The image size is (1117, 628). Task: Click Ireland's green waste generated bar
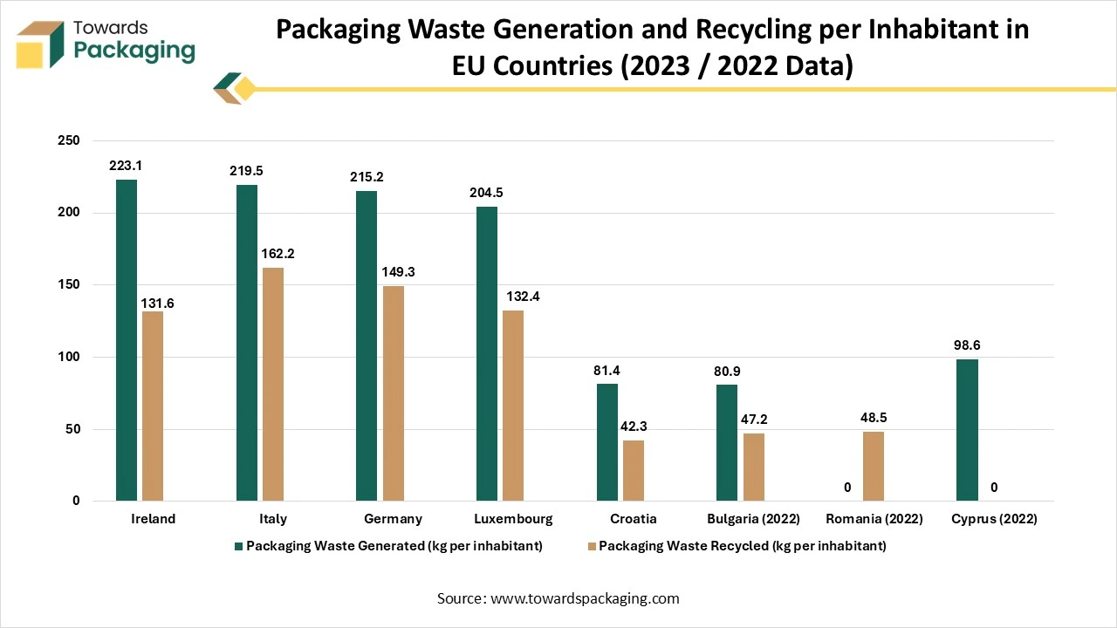coord(127,340)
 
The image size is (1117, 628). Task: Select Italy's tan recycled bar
coord(273,384)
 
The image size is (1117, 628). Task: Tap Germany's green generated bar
coord(367,345)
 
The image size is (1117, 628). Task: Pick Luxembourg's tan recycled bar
coord(513,406)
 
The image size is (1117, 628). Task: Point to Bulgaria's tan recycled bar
coord(754,467)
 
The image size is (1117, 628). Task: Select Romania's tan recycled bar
coord(874,466)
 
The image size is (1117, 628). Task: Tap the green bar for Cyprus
coord(968,430)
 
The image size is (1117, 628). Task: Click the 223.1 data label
coord(127,166)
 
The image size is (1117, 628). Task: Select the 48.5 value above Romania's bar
coord(874,418)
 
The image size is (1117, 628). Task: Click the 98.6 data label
coord(968,345)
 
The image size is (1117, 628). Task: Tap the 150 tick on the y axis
coord(69,284)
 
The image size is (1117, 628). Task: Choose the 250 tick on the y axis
coord(69,140)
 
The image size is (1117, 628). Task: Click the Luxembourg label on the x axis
coord(513,519)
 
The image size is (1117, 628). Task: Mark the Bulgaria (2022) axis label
coord(754,519)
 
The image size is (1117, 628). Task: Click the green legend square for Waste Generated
coord(238,547)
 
